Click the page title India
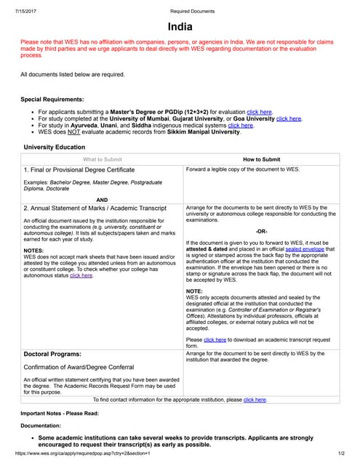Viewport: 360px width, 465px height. point(180,27)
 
